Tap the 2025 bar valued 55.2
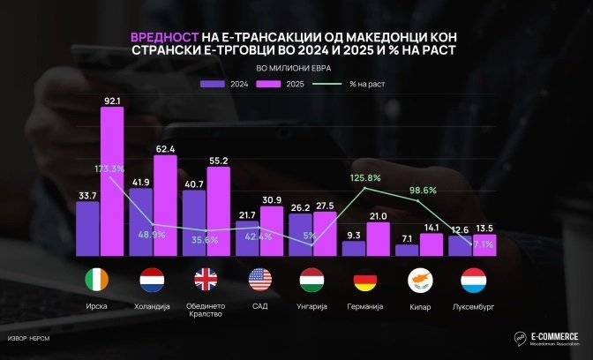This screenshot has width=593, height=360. coord(218,212)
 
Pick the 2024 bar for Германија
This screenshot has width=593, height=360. coord(354,248)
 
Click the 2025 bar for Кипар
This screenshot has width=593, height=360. coord(432,244)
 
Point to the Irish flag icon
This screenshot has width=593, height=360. coord(99,281)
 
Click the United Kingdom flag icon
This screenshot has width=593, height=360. coord(206,281)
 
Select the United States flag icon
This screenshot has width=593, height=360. coord(260,281)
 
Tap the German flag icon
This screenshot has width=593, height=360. coord(366,281)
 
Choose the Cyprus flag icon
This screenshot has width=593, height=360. coord(419,281)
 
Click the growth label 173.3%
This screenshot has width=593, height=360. coord(109,168)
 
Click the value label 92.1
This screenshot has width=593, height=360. coord(112,101)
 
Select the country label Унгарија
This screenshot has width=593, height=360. coord(312,305)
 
